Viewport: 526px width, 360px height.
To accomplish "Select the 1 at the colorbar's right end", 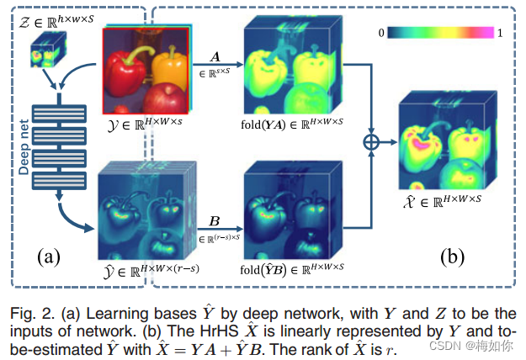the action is coord(502,33).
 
